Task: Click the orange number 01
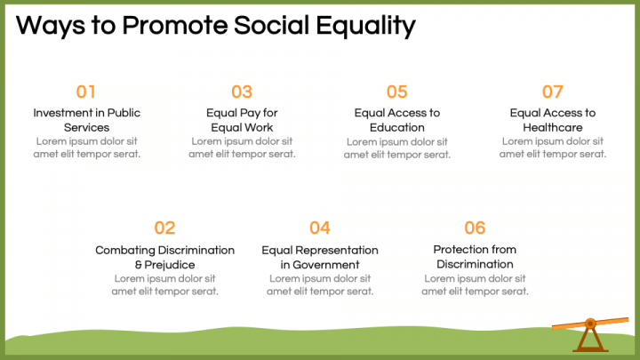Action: tap(86, 92)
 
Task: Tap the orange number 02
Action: tap(164, 228)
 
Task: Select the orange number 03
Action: tap(242, 92)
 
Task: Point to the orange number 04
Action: tap(320, 228)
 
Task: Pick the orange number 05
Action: tap(396, 92)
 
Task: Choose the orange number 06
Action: tap(475, 228)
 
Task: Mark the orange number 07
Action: tap(553, 92)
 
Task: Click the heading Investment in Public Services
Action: tap(87, 120)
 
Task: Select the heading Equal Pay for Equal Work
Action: tap(242, 120)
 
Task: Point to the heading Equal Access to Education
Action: tap(397, 120)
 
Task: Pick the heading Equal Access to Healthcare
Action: tap(553, 120)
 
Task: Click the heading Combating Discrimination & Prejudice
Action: tap(165, 257)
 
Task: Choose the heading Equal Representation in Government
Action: tap(320, 257)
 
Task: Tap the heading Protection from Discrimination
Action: tap(475, 257)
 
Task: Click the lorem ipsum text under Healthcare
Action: tap(553, 148)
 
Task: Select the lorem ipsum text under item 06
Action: tap(475, 284)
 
